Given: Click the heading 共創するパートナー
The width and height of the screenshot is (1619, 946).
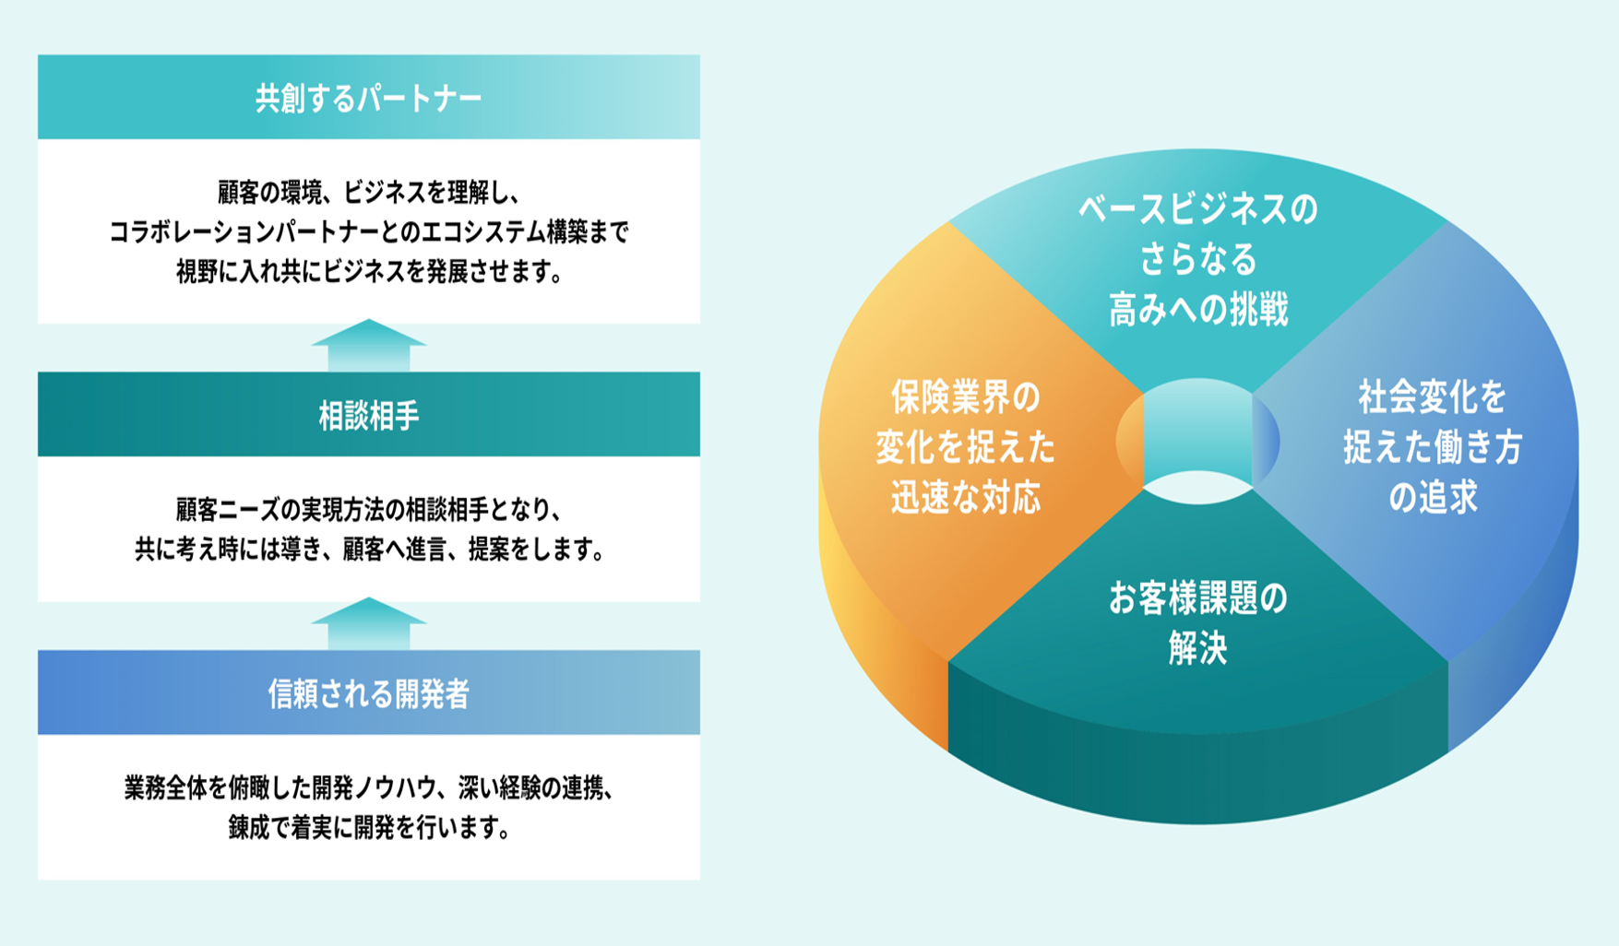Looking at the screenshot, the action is (x=369, y=98).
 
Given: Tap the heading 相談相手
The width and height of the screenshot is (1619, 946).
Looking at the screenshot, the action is (x=369, y=416).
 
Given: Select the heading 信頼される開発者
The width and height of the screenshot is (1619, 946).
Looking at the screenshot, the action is (x=369, y=693).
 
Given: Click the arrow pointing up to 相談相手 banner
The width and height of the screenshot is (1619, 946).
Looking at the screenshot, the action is (x=369, y=623).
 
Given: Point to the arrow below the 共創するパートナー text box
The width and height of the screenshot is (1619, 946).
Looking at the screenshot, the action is (x=369, y=346).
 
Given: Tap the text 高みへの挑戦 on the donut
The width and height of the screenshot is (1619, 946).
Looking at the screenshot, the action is (x=1198, y=310).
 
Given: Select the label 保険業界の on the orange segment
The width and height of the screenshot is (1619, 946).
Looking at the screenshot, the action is (x=966, y=397).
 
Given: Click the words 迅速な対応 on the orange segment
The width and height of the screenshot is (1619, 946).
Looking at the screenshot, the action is (x=966, y=497).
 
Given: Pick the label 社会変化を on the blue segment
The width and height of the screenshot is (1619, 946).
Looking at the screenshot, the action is (x=1433, y=397).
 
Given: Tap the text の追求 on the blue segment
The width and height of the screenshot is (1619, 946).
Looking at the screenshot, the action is (x=1433, y=497).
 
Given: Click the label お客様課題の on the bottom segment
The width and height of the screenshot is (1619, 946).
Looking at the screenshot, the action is (x=1198, y=599).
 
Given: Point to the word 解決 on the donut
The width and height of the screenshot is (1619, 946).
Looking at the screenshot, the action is (x=1198, y=649).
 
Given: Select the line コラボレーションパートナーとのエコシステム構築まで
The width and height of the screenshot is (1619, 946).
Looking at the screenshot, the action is (x=369, y=231).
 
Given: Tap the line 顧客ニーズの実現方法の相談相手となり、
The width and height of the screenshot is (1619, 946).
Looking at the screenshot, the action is (x=369, y=509).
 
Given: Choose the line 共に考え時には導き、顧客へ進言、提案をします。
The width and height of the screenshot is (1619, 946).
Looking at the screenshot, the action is (x=369, y=550).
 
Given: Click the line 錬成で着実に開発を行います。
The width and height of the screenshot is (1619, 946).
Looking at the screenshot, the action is (x=369, y=827).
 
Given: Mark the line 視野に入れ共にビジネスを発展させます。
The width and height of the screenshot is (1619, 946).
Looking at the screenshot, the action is (x=369, y=272).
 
